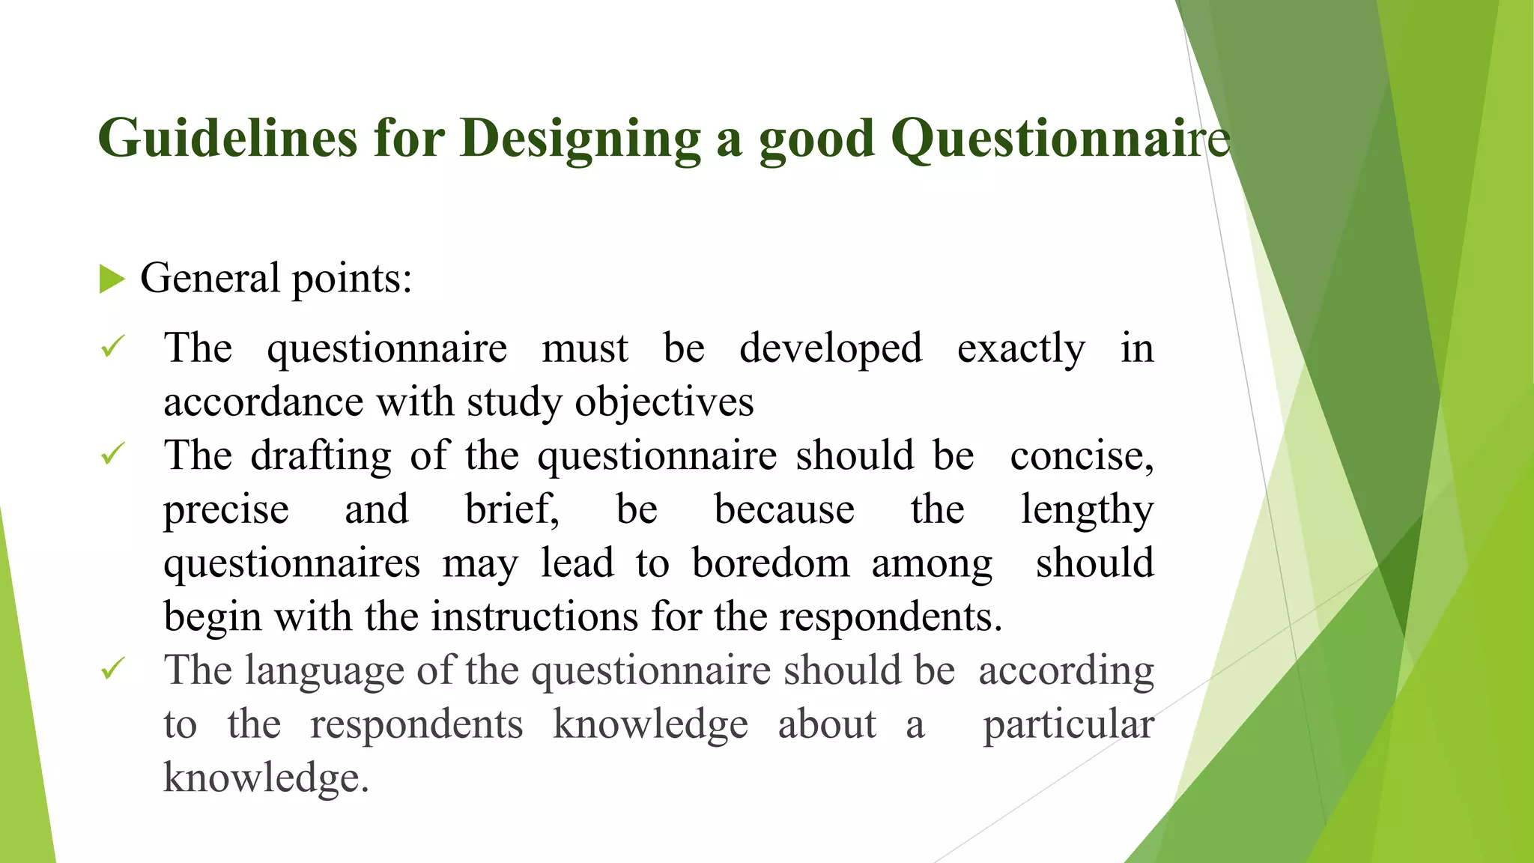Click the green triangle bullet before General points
coord(112,279)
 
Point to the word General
coord(210,278)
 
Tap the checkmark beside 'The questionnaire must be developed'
coord(112,347)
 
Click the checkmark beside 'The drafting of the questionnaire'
coord(112,454)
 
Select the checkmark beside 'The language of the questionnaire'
coord(112,669)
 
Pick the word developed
coord(831,348)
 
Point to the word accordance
coord(263,402)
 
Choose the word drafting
coord(321,456)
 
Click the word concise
coord(1081,456)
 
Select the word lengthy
coord(1087,511)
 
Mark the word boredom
coord(771,563)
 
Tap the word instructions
coord(534,617)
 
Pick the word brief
coord(512,509)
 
